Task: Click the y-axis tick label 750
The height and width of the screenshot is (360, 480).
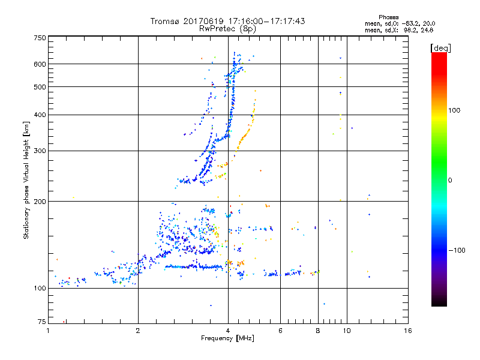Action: [x=40, y=37]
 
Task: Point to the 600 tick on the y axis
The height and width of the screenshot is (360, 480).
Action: [x=40, y=64]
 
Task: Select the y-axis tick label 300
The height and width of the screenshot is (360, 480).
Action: [x=40, y=151]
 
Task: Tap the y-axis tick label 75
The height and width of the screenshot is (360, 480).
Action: [x=41, y=323]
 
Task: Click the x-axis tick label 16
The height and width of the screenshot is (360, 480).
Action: [x=407, y=331]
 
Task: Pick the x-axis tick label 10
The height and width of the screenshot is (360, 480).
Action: [x=346, y=331]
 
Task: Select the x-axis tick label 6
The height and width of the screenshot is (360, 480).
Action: [x=280, y=331]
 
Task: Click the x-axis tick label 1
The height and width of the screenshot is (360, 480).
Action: [x=48, y=331]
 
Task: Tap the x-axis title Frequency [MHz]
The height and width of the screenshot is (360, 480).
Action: [x=227, y=340]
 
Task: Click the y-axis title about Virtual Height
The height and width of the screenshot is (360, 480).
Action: [x=26, y=180]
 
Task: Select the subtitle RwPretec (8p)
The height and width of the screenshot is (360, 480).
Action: [x=227, y=28]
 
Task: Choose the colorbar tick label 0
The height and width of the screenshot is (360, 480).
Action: [x=450, y=180]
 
